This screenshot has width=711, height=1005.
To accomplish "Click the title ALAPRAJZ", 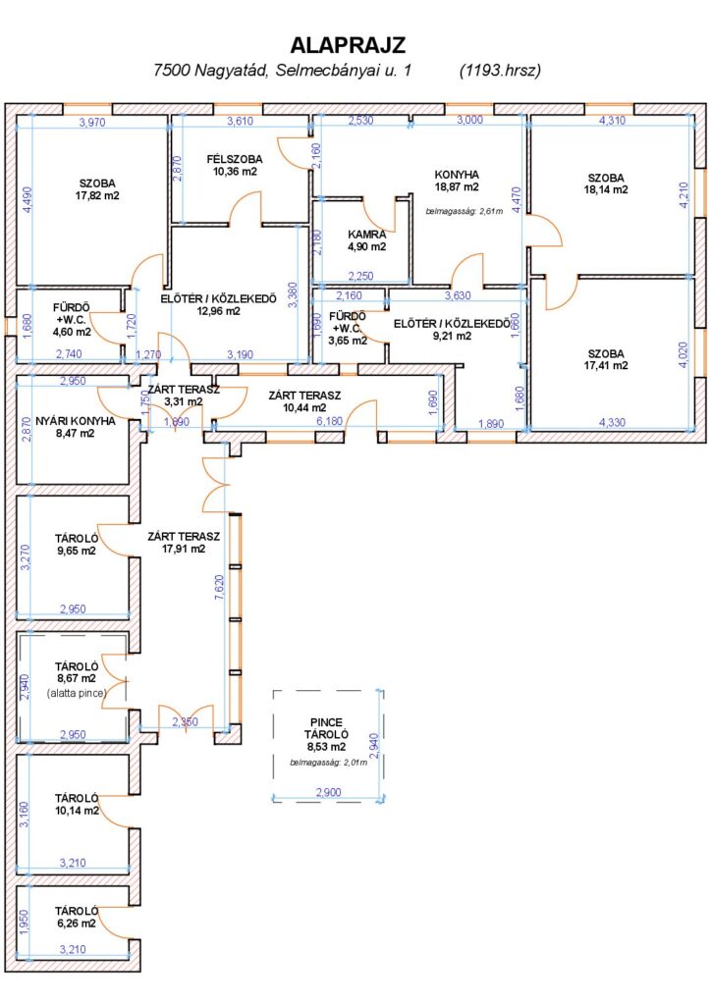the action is click(x=348, y=45).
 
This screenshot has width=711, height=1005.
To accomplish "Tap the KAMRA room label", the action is click(x=366, y=235).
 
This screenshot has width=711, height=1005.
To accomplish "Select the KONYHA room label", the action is click(x=457, y=175).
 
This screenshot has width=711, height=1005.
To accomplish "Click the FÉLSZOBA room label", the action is click(x=235, y=159).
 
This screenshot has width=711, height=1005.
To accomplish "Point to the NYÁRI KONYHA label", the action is click(x=76, y=421).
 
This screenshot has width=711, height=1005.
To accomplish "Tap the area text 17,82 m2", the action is click(x=97, y=196).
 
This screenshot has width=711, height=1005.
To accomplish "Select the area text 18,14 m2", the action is click(x=606, y=189).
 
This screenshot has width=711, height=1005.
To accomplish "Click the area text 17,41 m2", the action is click(x=606, y=366).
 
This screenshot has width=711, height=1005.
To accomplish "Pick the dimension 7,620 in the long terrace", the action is click(x=219, y=588).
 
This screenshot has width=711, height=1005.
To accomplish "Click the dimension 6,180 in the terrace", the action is click(x=330, y=421).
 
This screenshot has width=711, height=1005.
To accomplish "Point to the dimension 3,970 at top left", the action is click(x=92, y=122).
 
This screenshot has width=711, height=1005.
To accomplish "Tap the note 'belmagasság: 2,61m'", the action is click(x=465, y=211).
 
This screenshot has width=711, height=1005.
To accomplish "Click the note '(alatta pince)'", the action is click(x=77, y=694).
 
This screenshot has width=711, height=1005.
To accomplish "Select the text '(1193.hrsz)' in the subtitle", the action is click(x=500, y=71).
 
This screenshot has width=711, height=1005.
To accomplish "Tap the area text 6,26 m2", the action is click(x=77, y=924).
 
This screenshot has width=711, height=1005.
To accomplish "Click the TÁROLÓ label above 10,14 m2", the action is click(x=77, y=799).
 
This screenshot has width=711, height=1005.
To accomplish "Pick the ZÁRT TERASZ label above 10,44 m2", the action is click(x=304, y=396).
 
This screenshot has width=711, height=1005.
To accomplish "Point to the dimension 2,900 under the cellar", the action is click(x=328, y=793).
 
